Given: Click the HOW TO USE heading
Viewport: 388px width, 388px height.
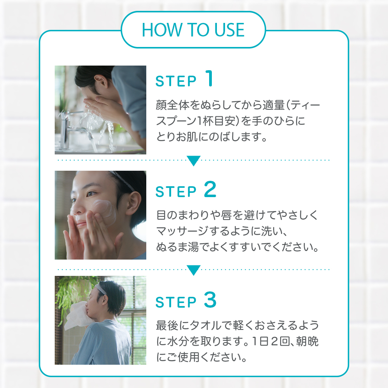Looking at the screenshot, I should [193, 30].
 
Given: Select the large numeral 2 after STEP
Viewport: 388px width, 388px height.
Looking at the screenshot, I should [210, 190].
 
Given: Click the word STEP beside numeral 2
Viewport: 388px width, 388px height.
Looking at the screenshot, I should [176, 192].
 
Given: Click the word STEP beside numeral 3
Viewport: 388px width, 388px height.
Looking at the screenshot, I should [176, 302].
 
